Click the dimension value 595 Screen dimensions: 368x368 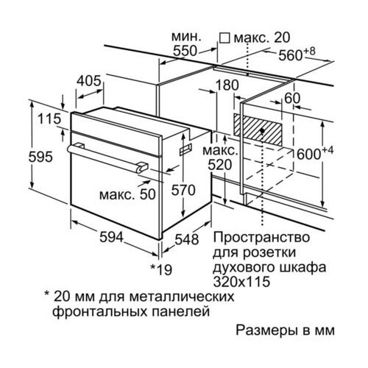tap(40, 157)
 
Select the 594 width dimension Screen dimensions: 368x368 tap(111, 237)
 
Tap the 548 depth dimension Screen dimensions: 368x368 tap(186, 239)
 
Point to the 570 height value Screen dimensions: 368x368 tap(183, 190)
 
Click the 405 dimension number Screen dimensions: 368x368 tap(89, 80)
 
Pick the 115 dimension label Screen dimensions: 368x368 tap(49, 118)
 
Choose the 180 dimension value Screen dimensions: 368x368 tap(227, 85)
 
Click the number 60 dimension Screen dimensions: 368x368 tap(292, 99)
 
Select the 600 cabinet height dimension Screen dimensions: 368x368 tap(315, 153)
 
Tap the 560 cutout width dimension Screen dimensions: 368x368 tap(297, 54)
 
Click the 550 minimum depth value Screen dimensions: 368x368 tap(185, 51)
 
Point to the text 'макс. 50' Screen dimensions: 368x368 tap(127, 194)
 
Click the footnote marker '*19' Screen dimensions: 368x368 tap(161, 269)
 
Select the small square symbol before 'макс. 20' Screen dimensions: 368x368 tap(224, 38)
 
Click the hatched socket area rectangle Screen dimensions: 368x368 tap(258, 130)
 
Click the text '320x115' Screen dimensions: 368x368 tap(241, 282)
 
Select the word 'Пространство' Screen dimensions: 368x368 tap(261, 238)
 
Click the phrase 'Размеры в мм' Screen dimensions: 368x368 tap(285, 330)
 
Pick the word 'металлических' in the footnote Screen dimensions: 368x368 tap(182, 297)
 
